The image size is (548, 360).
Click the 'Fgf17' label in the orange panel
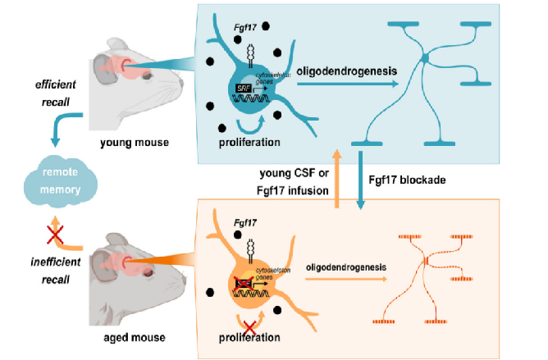point(245,223)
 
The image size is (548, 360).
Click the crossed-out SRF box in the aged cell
point(244,281)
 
